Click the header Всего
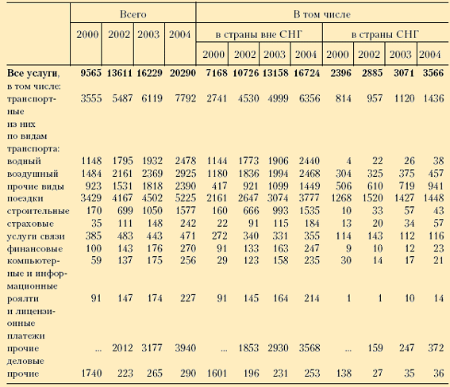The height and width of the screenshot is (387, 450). [133, 14]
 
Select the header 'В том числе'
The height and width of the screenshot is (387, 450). [321, 14]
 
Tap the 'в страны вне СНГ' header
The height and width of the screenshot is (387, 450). [259, 35]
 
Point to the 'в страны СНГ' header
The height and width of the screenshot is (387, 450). [385, 35]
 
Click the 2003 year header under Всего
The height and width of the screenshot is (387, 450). [148, 35]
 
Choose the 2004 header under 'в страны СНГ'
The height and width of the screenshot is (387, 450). [429, 55]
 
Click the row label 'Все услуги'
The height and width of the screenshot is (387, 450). [33, 74]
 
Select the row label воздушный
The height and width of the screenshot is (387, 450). [33, 174]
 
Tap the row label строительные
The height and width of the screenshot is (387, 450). [38, 211]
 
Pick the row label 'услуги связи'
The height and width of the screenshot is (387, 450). [36, 236]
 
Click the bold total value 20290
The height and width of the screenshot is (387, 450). [183, 73]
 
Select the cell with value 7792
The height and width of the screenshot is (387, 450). [186, 98]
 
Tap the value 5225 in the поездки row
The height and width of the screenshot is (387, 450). [186, 198]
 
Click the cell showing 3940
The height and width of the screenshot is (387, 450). [186, 348]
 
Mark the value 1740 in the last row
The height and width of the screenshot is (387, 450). [91, 374]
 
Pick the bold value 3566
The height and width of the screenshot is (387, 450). [433, 73]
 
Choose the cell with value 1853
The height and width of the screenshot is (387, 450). [248, 348]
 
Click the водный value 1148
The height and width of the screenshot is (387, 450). [91, 161]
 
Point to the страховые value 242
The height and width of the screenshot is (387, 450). [187, 224]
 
